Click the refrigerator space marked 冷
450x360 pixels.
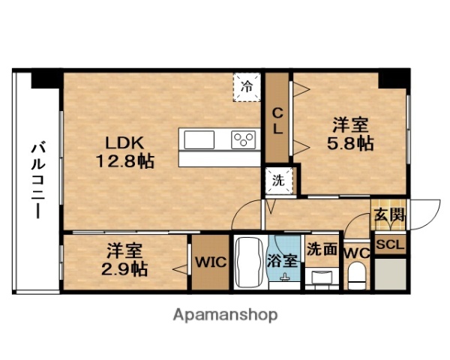(x=246, y=84)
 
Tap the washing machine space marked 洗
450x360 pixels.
(x=277, y=180)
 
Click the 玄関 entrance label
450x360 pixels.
(x=390, y=216)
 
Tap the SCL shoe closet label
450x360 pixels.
(x=390, y=244)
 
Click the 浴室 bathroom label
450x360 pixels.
(x=284, y=262)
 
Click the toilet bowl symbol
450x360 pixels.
(x=358, y=274)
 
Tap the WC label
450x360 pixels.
(x=355, y=253)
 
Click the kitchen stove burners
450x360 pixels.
(x=244, y=139)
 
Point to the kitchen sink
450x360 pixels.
(x=199, y=140)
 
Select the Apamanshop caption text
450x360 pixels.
(x=225, y=315)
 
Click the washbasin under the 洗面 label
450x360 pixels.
(x=322, y=275)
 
